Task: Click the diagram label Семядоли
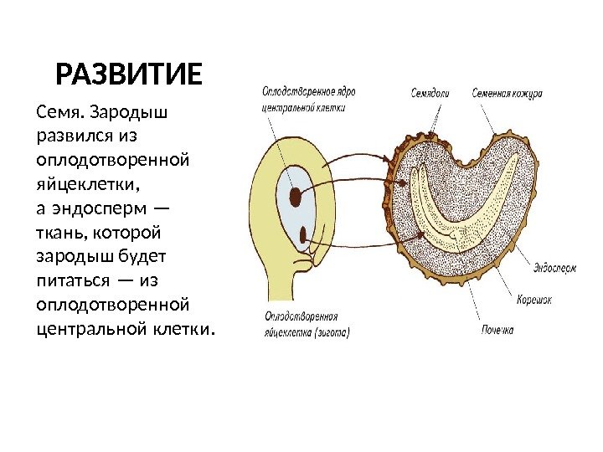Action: click(431, 91)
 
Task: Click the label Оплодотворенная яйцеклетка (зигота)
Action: click(307, 323)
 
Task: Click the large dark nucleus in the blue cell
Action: click(296, 197)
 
